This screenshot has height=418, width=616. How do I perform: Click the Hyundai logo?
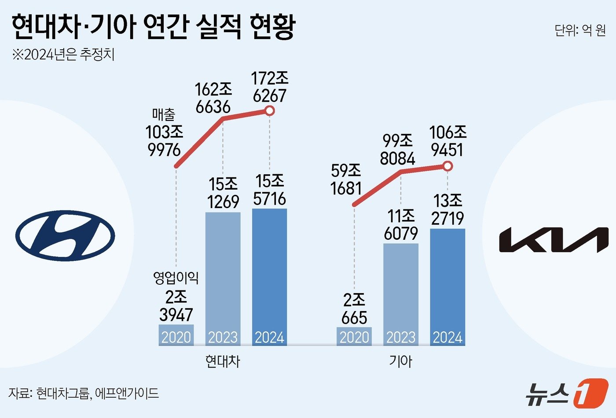(65, 235)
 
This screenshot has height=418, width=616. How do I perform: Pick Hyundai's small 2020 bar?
(176, 335)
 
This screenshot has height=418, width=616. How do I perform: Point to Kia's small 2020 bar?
(354, 336)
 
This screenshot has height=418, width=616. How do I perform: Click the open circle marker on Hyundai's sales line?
(270, 111)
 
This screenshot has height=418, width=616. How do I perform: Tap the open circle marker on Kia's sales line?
(447, 166)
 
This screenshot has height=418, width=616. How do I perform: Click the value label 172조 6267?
(270, 87)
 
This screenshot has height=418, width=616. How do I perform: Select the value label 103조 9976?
(165, 141)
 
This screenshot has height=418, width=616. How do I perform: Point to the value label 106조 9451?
(447, 141)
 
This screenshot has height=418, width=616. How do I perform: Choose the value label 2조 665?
(354, 309)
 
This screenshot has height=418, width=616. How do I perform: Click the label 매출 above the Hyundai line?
(164, 115)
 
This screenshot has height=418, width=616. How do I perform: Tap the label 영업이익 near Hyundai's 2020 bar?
(176, 277)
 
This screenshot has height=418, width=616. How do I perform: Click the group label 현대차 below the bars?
(223, 361)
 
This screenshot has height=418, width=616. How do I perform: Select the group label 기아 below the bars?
(400, 361)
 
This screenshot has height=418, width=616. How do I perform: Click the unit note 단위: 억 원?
(580, 30)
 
